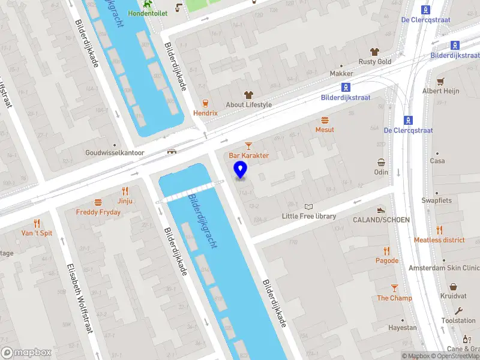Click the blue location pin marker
tap(241, 170)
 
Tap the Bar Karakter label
tap(248, 155)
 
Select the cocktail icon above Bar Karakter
tap(248, 145)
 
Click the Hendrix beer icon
tap(205, 103)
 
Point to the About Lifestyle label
tap(248, 104)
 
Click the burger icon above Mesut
tap(325, 120)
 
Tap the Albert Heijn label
tap(440, 91)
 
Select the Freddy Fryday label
tap(98, 212)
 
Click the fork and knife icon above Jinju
tap(125, 191)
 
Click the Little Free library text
tap(309, 216)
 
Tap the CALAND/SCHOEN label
tap(381, 220)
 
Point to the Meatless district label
tap(439, 240)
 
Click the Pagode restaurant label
tap(387, 260)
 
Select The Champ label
tap(394, 298)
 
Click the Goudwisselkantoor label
tap(115, 153)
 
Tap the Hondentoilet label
tap(148, 13)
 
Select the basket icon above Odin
tap(381, 162)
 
